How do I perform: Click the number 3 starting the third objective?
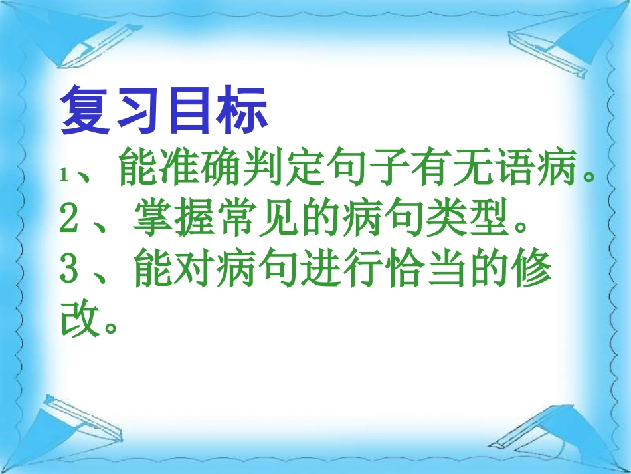click(x=69, y=269)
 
